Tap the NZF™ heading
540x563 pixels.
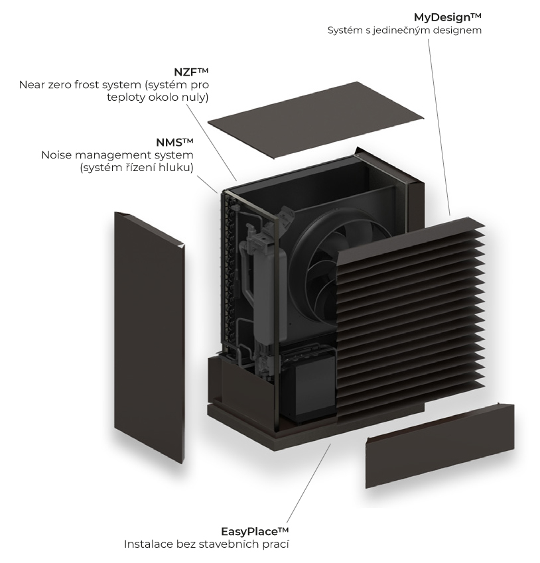[191, 71]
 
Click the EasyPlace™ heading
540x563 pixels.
[255, 531]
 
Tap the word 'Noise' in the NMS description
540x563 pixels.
[55, 155]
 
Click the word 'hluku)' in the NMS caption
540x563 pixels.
[177, 168]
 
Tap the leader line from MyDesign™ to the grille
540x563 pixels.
[439, 126]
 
